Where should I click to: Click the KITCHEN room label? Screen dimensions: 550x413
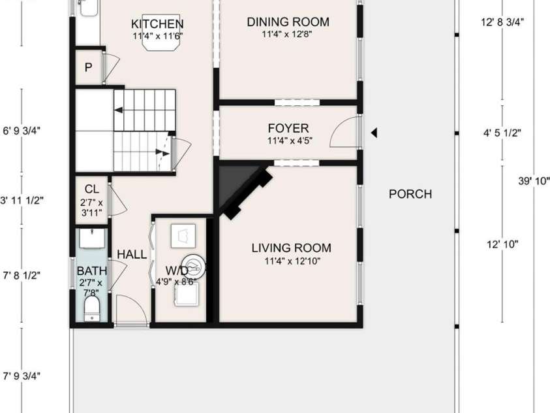coord(157,24)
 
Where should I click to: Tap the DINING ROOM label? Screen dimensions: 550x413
coord(288,22)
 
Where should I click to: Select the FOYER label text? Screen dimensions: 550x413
coord(288,128)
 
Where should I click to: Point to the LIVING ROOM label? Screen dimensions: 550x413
coord(291,248)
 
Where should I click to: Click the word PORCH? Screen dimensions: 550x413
coord(410,194)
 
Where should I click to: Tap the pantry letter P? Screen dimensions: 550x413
coord(88,67)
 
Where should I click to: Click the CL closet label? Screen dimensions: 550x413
coord(91,190)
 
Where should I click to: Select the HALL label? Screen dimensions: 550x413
coord(132,254)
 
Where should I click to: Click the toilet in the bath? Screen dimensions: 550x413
coord(92,308)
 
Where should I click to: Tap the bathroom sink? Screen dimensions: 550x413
coord(92,239)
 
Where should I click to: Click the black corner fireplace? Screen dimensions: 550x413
coord(242,190)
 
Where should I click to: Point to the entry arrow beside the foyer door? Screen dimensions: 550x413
coord(374,133)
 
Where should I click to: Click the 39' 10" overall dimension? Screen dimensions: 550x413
coord(534,181)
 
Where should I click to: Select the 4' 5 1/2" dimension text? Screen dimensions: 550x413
coord(502,133)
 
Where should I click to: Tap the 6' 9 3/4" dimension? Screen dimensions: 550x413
coord(22,131)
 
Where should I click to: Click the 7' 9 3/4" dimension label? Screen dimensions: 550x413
coord(22,376)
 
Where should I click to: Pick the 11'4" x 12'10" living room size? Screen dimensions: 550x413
coord(292,261)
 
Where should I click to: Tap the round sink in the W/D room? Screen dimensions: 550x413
coord(194,267)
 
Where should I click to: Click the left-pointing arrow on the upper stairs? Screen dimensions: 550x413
coord(119,110)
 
